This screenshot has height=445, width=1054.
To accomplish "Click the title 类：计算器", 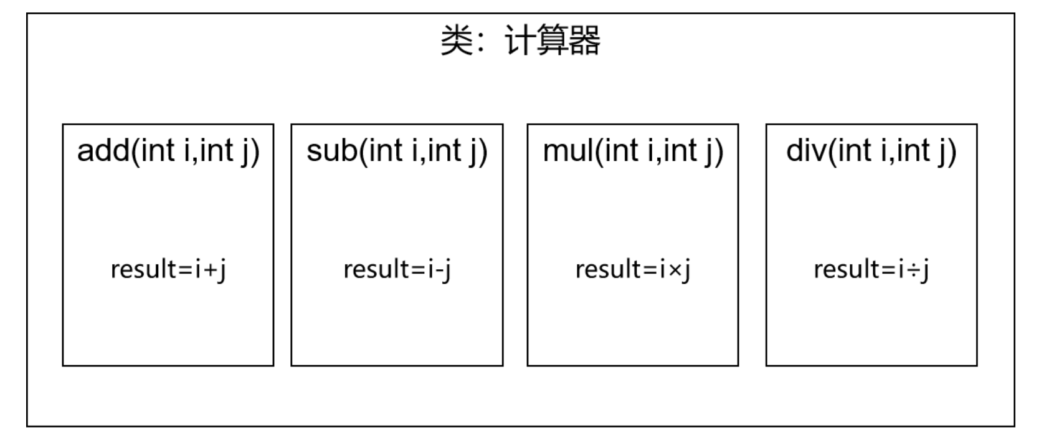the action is pyautogui.click(x=520, y=41).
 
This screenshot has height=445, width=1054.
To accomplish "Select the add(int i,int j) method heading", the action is pyautogui.click(x=168, y=151).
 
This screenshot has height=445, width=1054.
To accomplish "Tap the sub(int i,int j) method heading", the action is pyautogui.click(x=397, y=151).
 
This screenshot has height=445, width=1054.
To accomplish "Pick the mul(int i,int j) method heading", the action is pyautogui.click(x=633, y=151).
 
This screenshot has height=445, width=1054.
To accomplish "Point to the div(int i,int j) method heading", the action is pyautogui.click(x=871, y=151).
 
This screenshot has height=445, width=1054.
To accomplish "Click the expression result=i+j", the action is pyautogui.click(x=168, y=269).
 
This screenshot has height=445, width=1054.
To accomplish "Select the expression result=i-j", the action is pyautogui.click(x=397, y=269).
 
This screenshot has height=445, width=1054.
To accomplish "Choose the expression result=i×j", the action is pyautogui.click(x=633, y=269).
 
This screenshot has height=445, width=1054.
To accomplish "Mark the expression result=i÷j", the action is pyautogui.click(x=871, y=269).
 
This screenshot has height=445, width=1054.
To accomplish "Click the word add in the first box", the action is pyautogui.click(x=102, y=151).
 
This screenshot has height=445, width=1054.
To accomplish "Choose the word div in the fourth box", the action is pyautogui.click(x=805, y=151).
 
